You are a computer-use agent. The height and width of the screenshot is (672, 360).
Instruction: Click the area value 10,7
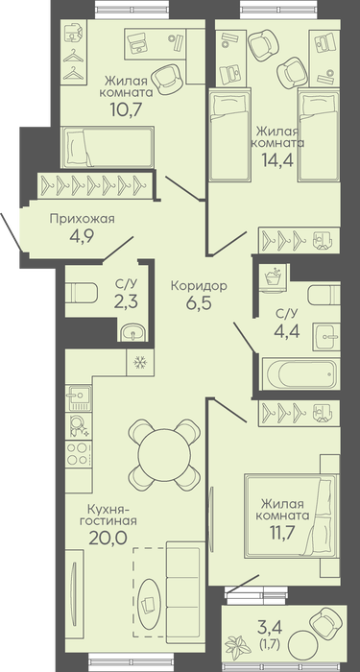[126, 110]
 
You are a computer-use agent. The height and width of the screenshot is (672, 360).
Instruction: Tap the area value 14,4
[277, 159]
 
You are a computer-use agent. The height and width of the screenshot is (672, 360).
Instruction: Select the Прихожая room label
[83, 219]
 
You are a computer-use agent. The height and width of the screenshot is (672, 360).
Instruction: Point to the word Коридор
[199, 286]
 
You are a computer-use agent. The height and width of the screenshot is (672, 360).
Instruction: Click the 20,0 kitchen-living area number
[108, 538]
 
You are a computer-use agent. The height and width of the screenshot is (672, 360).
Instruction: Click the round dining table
[164, 455]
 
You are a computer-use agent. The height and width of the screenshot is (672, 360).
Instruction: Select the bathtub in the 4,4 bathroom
[300, 374]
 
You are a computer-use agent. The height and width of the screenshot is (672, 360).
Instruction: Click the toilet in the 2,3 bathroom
[82, 293]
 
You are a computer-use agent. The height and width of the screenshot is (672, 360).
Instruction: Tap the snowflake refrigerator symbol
[139, 363]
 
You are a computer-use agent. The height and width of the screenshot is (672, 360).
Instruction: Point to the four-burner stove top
[78, 454]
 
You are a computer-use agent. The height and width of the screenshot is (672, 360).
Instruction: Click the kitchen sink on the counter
[78, 397]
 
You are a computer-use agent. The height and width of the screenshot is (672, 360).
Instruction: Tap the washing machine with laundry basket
[271, 279]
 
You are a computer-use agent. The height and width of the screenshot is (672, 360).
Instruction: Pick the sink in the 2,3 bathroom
[132, 332]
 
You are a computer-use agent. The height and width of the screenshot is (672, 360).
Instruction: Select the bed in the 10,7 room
[108, 147]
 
